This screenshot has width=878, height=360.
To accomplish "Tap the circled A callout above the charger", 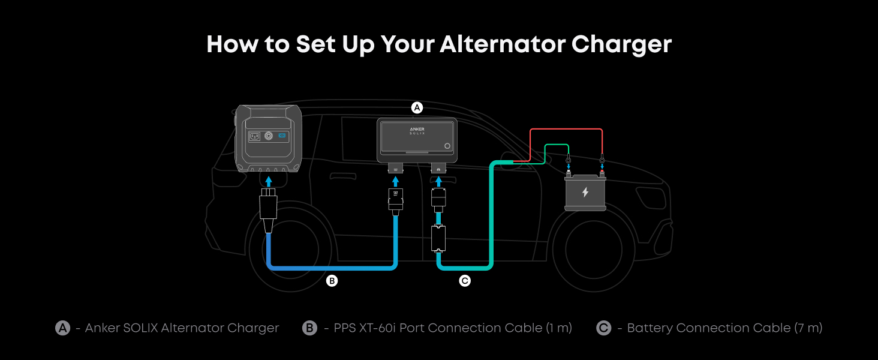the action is coord(417,107).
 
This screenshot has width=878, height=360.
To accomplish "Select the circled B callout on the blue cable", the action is coord(332,281).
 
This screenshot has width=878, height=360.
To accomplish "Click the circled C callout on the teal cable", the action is coord(465,281).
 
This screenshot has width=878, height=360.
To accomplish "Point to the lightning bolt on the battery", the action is coord(585,192).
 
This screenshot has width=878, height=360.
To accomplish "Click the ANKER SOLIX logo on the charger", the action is coord(417,131).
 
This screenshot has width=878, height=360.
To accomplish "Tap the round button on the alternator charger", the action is coord(447,146).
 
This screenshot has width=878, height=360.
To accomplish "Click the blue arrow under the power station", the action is coord(269,181).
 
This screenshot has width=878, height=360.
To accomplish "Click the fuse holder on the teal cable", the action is coord(438,238).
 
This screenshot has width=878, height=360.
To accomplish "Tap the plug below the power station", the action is coord(269,211).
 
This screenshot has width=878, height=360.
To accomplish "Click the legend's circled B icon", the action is coord(309,328).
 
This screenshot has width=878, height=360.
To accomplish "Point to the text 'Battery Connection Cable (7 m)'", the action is coord(724,328).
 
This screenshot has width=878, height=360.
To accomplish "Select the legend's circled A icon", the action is coord(63,328).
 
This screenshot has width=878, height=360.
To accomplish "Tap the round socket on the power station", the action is coord(269,136).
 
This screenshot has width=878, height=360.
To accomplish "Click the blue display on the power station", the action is coord(282,135).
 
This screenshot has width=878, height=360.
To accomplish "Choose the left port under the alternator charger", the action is coord(395,169).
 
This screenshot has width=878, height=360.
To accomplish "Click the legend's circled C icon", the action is coord(603,328).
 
